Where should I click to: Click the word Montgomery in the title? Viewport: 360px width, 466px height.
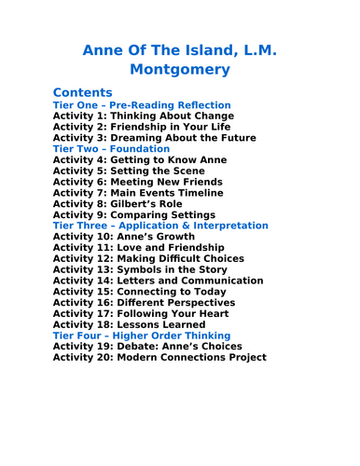click(180, 68)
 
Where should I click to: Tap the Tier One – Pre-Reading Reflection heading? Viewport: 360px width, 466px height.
click(142, 105)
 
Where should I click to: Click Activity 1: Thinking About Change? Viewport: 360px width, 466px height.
click(144, 116)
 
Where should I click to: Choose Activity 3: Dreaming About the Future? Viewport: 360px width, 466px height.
click(154, 138)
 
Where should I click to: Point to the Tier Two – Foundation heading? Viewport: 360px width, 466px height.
click(112, 149)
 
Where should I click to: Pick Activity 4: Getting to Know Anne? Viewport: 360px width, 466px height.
click(140, 160)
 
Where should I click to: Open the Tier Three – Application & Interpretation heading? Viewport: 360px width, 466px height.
click(160, 226)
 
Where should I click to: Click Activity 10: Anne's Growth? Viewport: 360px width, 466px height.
click(125, 237)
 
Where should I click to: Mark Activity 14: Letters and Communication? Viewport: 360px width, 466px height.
click(158, 281)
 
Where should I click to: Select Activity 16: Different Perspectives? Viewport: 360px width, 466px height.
click(144, 302)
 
